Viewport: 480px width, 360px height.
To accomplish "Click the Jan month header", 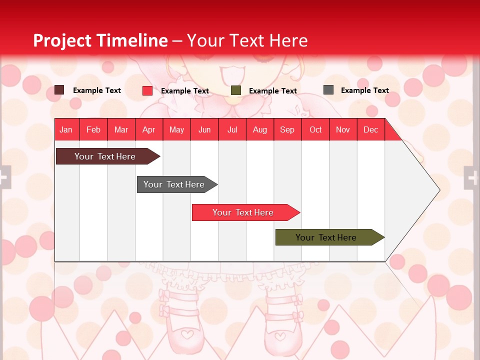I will (x=66, y=129).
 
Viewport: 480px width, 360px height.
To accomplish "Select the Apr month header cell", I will (x=149, y=129).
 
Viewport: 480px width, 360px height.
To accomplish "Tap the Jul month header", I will (x=232, y=129).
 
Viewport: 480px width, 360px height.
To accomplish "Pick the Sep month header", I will (x=287, y=129).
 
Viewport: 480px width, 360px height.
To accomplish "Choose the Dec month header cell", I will (x=370, y=129).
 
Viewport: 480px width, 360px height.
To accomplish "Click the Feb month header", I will (x=93, y=129).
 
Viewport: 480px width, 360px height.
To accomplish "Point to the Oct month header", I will (x=315, y=129).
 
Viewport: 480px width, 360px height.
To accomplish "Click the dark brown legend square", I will (x=59, y=90).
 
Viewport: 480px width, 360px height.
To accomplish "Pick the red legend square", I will (x=147, y=90).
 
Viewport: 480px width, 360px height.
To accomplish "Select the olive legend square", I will (x=236, y=90).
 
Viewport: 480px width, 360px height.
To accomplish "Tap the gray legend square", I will (x=328, y=90).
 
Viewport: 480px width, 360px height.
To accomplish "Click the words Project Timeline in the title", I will (x=100, y=40).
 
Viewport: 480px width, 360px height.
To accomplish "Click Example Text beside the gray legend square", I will (x=364, y=90).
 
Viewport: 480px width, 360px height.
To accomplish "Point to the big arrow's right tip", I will (x=438, y=190).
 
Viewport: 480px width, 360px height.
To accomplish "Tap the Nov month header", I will (x=343, y=129).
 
